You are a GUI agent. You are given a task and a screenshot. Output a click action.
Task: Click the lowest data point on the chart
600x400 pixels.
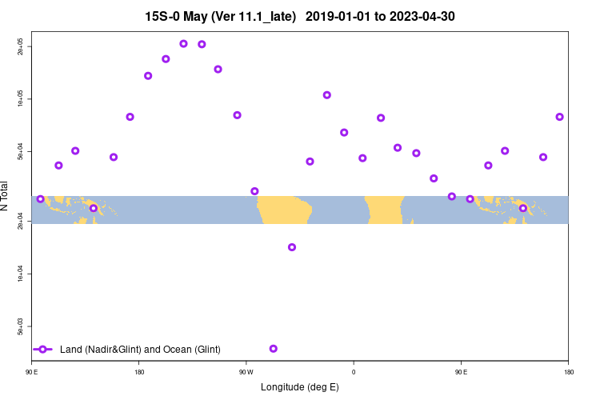(x=274, y=349)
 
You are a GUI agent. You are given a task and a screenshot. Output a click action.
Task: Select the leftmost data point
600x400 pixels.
(x=41, y=199)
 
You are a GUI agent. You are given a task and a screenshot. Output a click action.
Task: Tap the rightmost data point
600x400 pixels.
(x=560, y=117)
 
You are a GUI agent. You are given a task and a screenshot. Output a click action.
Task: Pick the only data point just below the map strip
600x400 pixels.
(x=292, y=247)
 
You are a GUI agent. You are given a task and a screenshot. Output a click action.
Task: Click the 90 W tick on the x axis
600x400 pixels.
(x=246, y=372)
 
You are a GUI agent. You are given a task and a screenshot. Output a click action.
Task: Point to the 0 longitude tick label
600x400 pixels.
(x=354, y=372)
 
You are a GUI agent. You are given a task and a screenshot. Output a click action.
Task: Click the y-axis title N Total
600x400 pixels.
(x=6, y=196)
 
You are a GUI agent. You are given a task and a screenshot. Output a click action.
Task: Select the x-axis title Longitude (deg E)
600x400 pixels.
(x=300, y=387)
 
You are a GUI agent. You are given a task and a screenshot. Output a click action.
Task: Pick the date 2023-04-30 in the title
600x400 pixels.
(x=420, y=16)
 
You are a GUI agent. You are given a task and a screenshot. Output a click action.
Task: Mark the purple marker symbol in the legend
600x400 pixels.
(x=43, y=350)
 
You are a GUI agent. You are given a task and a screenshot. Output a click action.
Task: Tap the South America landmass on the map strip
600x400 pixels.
(x=284, y=210)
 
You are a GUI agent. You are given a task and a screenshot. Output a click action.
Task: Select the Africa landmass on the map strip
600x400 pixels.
(x=384, y=210)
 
